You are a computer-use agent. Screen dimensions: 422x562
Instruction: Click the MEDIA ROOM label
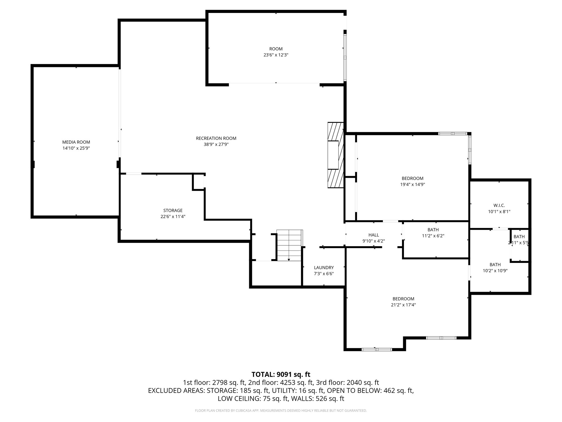click(76, 142)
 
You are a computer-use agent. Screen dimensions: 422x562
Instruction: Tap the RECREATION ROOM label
click(216, 138)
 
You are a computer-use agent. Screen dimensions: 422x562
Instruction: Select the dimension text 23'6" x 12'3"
click(276, 55)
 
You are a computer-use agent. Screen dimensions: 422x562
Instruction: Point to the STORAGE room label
click(173, 210)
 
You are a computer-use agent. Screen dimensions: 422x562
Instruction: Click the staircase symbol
click(289, 245)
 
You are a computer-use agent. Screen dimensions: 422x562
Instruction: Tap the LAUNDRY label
click(324, 268)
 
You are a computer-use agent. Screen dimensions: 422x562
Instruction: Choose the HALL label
click(373, 235)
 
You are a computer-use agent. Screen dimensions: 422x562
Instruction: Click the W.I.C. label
click(499, 205)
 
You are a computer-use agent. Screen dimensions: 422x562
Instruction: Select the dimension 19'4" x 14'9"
click(412, 185)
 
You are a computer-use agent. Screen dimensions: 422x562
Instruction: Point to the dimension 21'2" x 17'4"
click(403, 305)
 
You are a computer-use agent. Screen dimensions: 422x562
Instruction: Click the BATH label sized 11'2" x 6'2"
click(433, 230)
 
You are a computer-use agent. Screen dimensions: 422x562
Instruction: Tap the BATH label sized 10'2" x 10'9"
click(495, 265)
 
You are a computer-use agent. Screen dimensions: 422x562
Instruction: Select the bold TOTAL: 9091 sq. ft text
click(281, 374)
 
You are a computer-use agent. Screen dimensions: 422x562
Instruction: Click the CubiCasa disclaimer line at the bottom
click(281, 411)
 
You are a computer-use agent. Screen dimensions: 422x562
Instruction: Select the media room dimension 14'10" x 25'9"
click(76, 148)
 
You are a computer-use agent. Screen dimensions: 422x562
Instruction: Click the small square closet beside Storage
click(198, 181)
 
